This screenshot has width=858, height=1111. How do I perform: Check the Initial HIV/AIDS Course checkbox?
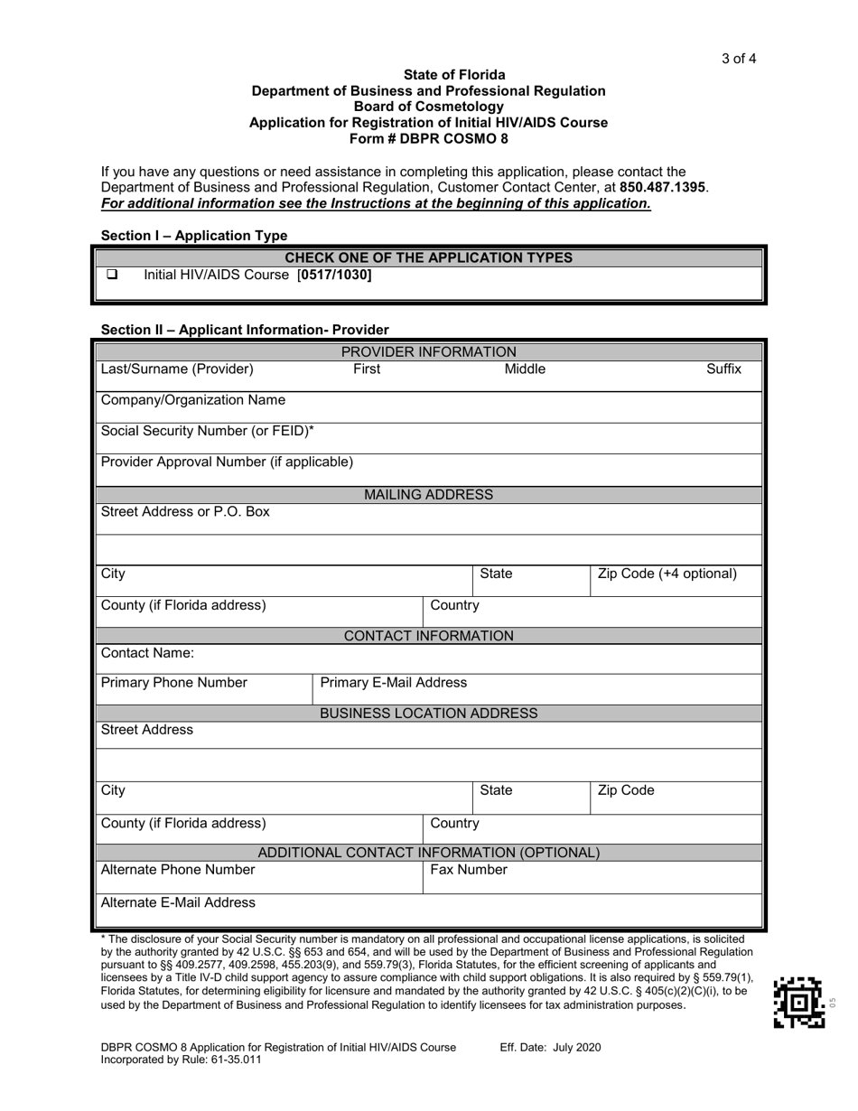(113, 275)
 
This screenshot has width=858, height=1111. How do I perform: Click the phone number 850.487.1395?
(663, 187)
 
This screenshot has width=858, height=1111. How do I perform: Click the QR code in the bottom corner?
(799, 1002)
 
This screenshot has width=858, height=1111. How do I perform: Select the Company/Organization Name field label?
(193, 400)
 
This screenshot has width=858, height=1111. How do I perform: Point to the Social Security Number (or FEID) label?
(207, 431)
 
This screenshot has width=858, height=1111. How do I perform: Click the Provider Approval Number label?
(227, 462)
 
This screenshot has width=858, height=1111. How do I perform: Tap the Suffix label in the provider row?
(723, 369)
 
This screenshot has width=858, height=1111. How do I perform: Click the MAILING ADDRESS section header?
(428, 494)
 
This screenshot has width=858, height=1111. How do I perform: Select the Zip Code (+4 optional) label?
(667, 574)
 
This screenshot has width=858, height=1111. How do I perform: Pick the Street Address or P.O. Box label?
(185, 512)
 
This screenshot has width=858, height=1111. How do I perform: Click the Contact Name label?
(147, 652)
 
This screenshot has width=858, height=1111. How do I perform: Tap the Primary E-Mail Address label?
(394, 682)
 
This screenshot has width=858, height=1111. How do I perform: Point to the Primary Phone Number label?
(173, 682)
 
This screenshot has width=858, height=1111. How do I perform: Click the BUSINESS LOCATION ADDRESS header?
(428, 714)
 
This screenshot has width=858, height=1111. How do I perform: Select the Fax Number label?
(468, 870)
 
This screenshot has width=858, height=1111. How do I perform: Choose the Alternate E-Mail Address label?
(178, 902)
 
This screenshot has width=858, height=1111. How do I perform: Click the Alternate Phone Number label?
(178, 870)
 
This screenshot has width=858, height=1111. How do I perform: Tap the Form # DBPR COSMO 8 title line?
(428, 138)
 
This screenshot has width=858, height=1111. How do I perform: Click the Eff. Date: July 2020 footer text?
(550, 1048)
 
